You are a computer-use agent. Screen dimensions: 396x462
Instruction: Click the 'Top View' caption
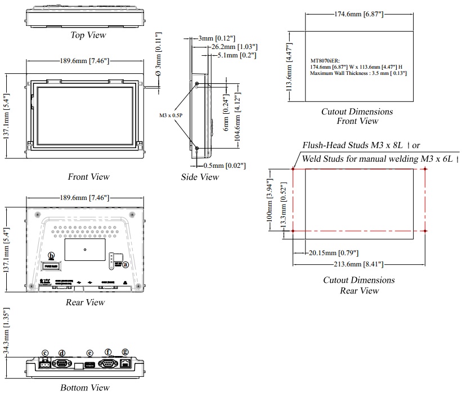[88, 35]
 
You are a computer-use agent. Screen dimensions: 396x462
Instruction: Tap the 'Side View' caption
[200, 177]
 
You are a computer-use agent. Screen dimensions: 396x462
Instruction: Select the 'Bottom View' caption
[85, 388]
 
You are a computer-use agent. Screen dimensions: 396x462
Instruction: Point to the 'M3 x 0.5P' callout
[172, 115]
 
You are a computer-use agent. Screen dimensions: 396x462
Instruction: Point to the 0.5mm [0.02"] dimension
[223, 165]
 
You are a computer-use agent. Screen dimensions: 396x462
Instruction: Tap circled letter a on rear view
[125, 264]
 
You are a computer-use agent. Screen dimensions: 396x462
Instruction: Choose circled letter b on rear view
[52, 255]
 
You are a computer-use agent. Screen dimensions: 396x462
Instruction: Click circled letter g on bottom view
[125, 352]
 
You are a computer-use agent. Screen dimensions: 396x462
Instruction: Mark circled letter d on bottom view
[62, 353]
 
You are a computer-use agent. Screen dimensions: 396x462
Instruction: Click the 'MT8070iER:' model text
[325, 60]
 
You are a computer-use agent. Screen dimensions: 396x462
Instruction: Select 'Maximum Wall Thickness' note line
[358, 73]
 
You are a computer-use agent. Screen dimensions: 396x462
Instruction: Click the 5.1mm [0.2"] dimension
[237, 55]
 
